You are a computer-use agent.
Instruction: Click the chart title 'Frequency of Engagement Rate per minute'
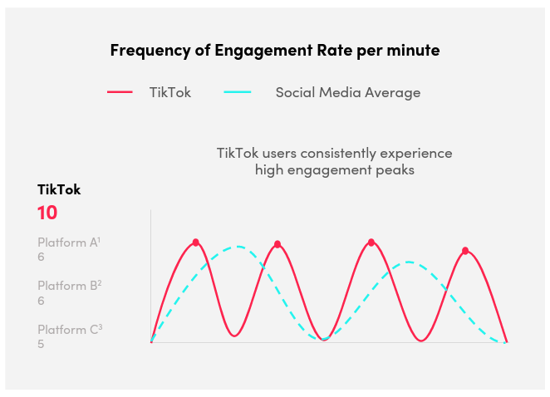click(275, 50)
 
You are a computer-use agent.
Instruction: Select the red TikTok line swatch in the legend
click(120, 92)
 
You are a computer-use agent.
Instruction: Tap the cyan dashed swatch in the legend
click(238, 92)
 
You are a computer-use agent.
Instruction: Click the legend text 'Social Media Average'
click(347, 92)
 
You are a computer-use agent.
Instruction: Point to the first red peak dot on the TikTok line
click(196, 243)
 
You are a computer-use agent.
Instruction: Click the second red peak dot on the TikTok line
click(277, 244)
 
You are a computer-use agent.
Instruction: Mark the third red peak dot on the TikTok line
click(371, 243)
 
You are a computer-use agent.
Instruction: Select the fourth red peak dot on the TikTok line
click(465, 250)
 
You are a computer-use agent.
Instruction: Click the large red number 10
click(47, 213)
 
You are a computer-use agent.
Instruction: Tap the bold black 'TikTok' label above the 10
click(59, 189)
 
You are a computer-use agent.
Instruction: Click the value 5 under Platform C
click(41, 343)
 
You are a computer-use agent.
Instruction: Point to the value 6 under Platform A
click(41, 257)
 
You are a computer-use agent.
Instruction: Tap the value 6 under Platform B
click(41, 301)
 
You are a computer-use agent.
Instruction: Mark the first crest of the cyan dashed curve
click(238, 246)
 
